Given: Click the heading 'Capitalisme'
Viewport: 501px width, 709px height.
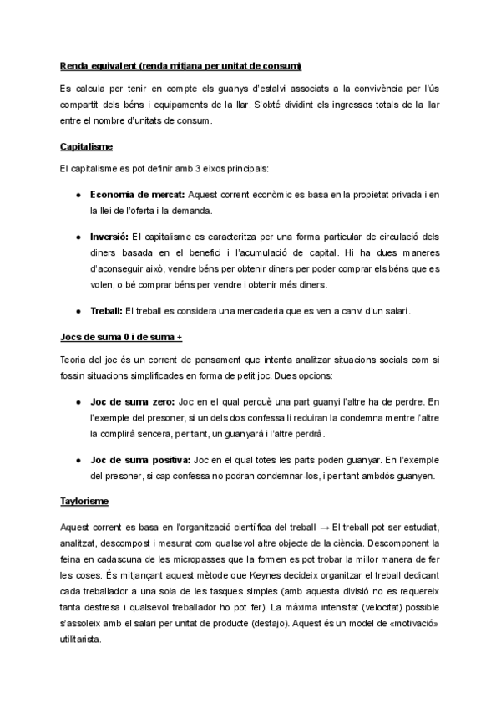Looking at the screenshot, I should tap(87, 147).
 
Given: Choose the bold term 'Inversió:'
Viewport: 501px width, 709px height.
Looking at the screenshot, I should tap(109, 237).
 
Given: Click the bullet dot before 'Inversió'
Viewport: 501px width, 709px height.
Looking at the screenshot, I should tap(77, 237).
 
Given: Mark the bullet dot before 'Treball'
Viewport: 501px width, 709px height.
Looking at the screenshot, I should tap(77, 311).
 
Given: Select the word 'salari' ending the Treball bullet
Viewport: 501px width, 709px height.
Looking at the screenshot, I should tap(397, 311).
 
